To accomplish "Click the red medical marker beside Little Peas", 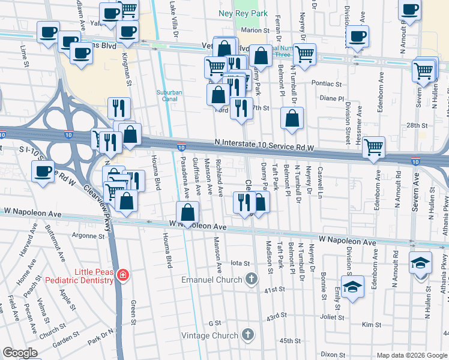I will click(123, 275).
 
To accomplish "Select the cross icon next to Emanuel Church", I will click(252, 280).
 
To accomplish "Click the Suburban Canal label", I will click(170, 96).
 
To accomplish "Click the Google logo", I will click(20, 353).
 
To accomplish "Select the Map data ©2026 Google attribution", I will click(411, 355).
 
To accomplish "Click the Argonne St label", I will click(88, 236).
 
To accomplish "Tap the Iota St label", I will click(240, 263).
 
